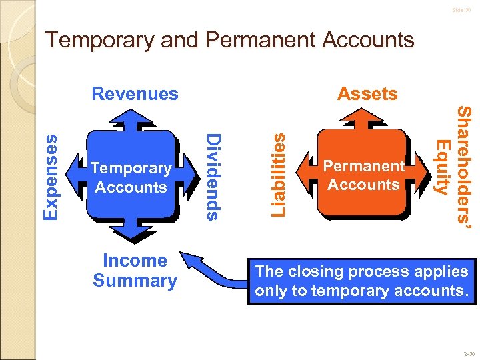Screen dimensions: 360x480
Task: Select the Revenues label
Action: (135, 93)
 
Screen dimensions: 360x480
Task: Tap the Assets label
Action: (367, 93)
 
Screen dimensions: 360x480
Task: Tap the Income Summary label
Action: (135, 271)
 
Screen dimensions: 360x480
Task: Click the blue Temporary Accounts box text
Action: (131, 178)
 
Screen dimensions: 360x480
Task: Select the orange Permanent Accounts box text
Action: (363, 175)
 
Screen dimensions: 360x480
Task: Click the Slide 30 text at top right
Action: (461, 11)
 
